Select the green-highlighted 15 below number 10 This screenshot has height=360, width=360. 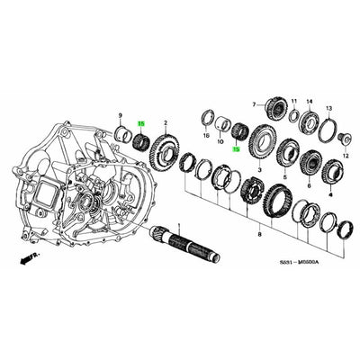click(237, 150)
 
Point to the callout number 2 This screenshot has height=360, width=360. click(166, 121)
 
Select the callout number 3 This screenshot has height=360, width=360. click(259, 167)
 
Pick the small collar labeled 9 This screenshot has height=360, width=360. click(121, 136)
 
